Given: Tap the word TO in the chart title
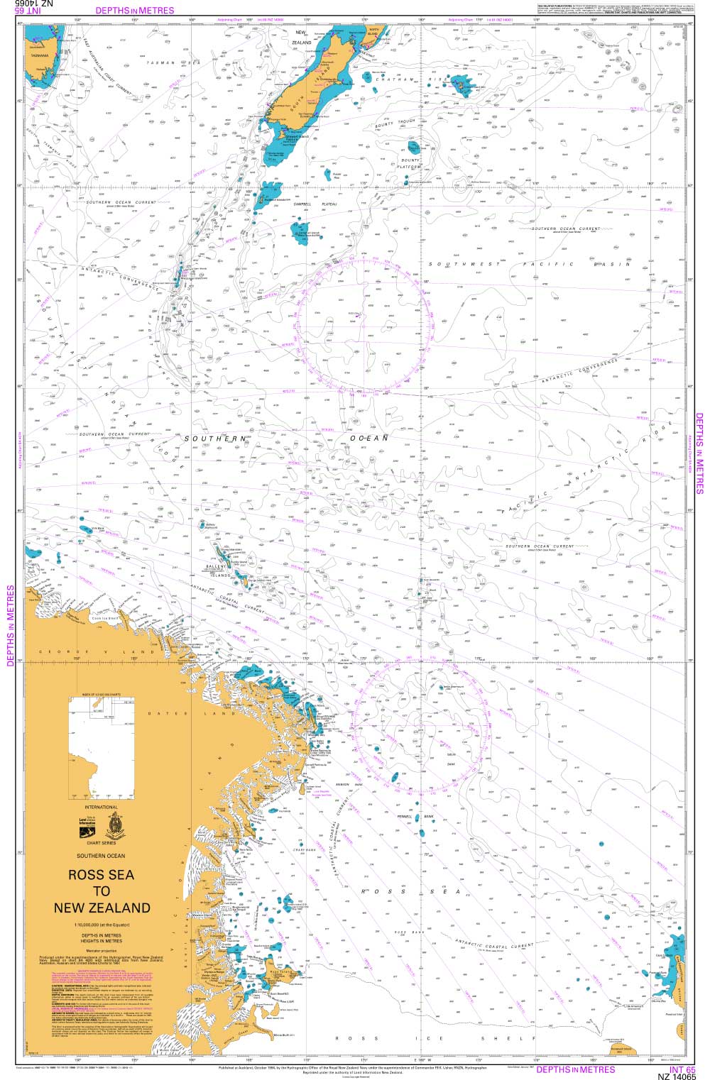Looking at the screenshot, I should tap(102, 891).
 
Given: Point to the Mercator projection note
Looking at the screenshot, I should tap(102, 949).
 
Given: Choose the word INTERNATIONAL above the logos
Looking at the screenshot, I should tap(102, 807).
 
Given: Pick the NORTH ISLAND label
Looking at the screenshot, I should tap(373, 32).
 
